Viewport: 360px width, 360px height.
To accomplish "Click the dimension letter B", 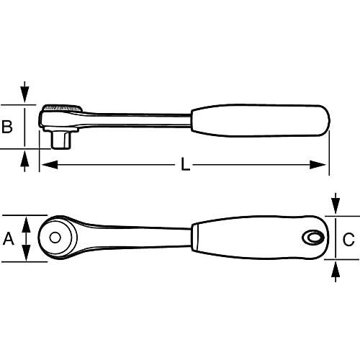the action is click(7, 127).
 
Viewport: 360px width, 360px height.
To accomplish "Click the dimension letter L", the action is click(185, 164).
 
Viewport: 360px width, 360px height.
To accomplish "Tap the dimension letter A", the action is click(9, 238).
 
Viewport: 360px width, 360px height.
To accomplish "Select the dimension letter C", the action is click(348, 239).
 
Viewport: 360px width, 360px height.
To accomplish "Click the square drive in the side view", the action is click(62, 140).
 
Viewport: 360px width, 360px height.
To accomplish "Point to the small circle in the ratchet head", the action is click(55, 238).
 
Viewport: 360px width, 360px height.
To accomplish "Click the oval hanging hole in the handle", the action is click(312, 238).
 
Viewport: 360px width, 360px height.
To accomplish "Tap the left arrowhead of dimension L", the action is click(50, 165).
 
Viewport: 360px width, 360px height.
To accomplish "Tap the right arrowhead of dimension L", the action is click(318, 165).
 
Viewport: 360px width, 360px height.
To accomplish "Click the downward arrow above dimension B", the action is click(24, 92).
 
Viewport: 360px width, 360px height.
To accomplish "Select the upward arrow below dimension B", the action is click(24, 161).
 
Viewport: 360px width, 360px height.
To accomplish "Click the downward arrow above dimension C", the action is click(336, 204).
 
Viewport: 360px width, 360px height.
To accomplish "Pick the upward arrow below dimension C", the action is click(336, 271).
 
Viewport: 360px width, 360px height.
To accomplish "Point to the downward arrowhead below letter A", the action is click(26, 253).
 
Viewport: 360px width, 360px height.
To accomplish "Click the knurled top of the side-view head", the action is click(63, 108).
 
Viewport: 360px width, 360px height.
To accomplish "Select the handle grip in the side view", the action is click(261, 120).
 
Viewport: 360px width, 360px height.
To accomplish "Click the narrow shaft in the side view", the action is click(137, 120).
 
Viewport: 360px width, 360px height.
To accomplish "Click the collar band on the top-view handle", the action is click(195, 238).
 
